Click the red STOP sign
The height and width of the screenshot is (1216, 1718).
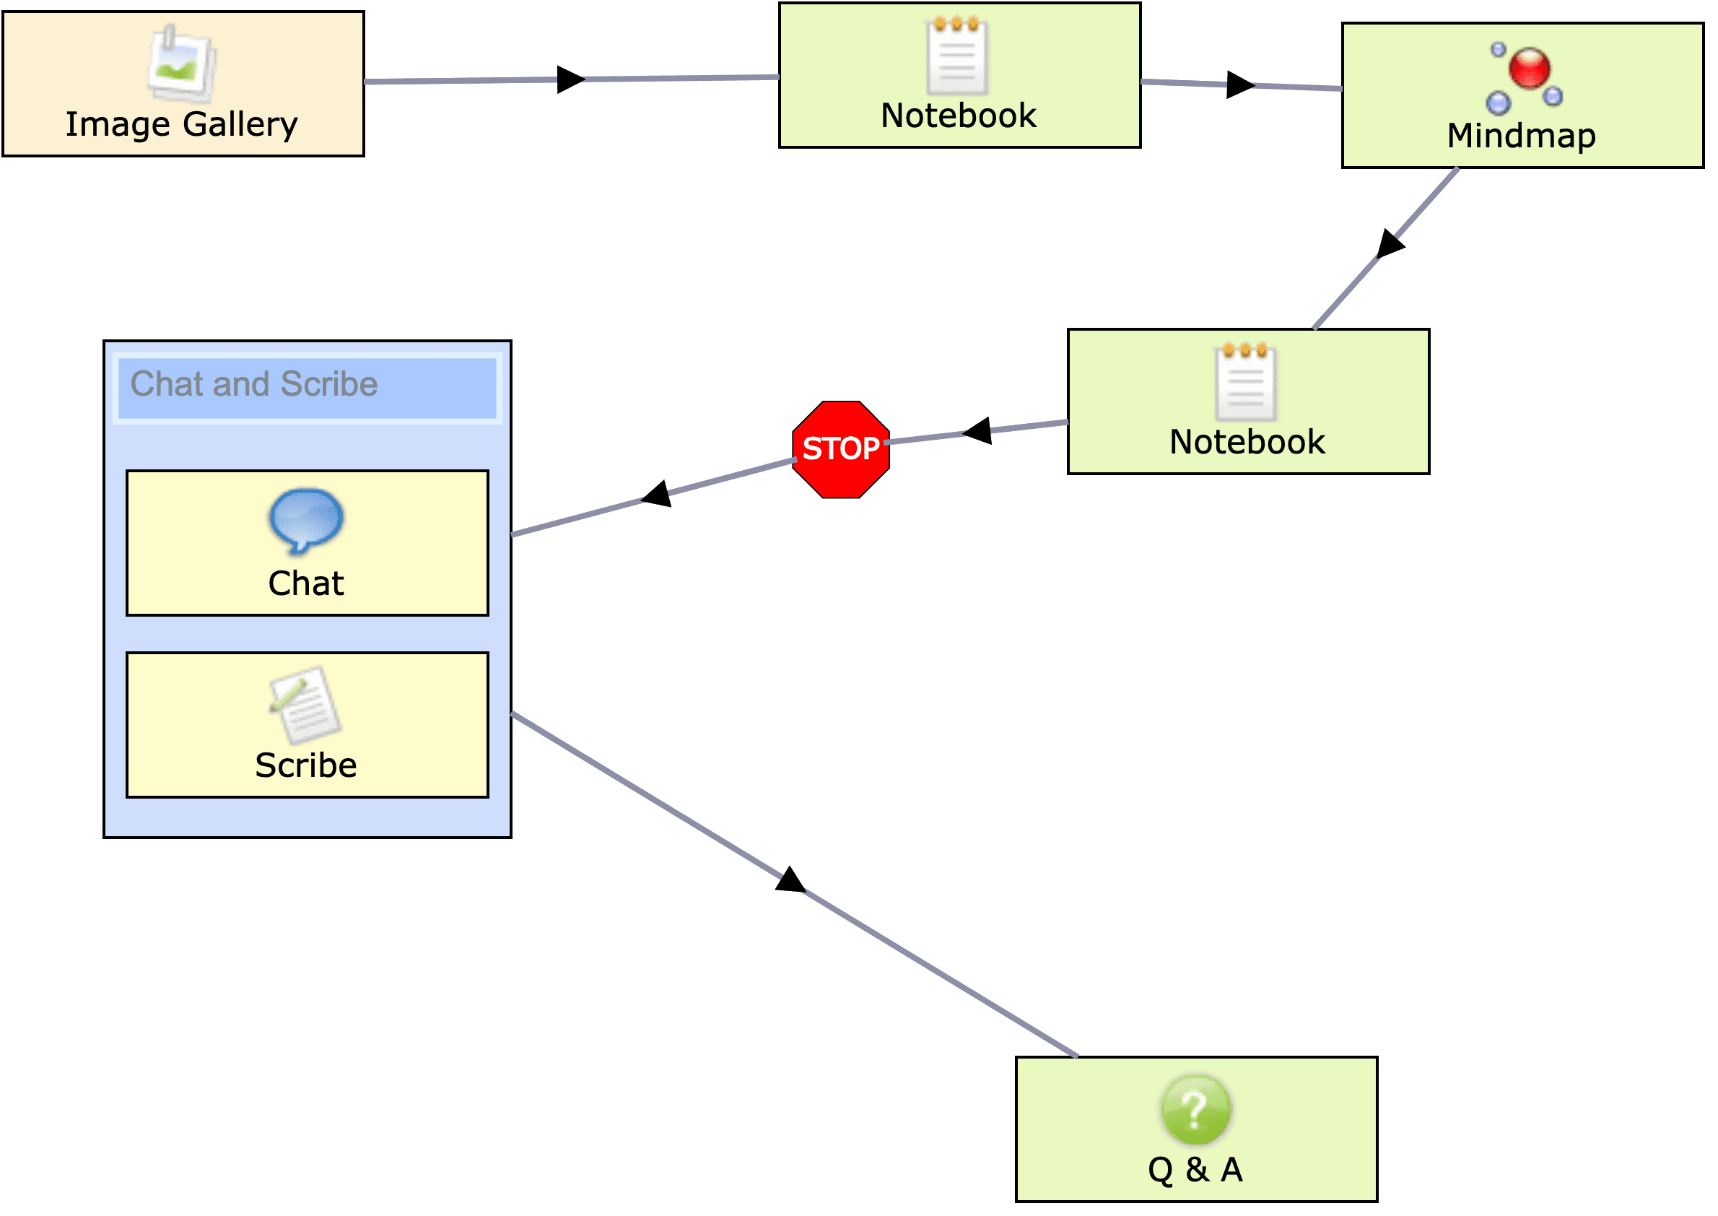(841, 449)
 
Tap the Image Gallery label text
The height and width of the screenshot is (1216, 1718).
(181, 124)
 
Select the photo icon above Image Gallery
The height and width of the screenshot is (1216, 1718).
(182, 63)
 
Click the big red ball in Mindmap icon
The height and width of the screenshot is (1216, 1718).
(1530, 67)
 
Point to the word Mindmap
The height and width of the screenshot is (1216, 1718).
(1521, 136)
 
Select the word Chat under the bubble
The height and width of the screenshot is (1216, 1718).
(305, 583)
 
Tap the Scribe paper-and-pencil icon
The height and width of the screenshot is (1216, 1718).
(305, 704)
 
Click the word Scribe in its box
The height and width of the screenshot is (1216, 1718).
(305, 765)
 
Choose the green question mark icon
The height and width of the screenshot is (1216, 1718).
(1195, 1110)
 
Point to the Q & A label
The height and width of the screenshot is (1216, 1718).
(1195, 1170)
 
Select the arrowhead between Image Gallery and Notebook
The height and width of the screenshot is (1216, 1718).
(570, 79)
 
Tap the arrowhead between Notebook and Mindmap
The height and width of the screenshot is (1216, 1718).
(1240, 84)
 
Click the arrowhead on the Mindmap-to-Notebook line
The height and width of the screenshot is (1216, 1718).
(1390, 244)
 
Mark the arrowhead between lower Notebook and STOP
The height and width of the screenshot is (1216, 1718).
(977, 431)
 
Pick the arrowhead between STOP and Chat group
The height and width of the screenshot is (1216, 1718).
(658, 494)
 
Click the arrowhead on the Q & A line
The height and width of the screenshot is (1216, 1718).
(790, 879)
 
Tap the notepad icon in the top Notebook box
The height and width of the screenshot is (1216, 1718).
(957, 57)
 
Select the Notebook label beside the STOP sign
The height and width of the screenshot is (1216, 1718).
(1247, 442)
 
